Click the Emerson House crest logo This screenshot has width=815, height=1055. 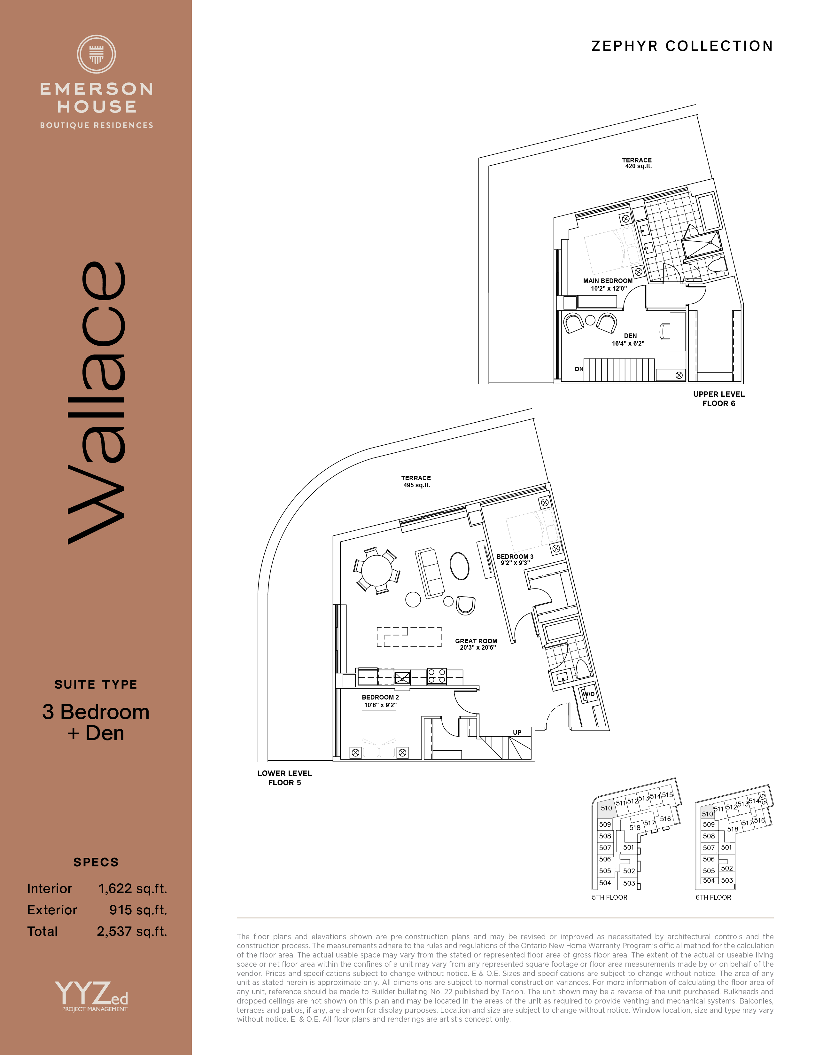tap(97, 54)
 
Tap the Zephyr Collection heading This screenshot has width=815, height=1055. tap(682, 46)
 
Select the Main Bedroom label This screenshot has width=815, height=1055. tap(608, 281)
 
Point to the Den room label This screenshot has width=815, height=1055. tap(630, 336)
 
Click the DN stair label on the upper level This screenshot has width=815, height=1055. tap(579, 369)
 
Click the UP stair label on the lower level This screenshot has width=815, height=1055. tap(517, 732)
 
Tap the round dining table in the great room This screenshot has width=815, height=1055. tap(377, 570)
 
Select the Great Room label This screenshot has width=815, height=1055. tap(476, 641)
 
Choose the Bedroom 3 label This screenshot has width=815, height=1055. tap(515, 557)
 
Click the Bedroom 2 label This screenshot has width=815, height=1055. tap(380, 697)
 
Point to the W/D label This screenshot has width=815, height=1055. tap(588, 694)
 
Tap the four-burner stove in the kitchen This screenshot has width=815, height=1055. tap(437, 676)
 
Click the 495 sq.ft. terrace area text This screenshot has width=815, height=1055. tap(416, 485)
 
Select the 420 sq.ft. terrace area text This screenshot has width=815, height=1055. tap(638, 166)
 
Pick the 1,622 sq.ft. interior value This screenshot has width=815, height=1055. tap(133, 889)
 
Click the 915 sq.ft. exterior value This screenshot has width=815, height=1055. tap(138, 910)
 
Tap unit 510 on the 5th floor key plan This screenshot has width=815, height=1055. tap(606, 808)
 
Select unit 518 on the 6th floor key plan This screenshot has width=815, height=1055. tap(733, 829)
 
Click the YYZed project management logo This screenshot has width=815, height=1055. tap(92, 996)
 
